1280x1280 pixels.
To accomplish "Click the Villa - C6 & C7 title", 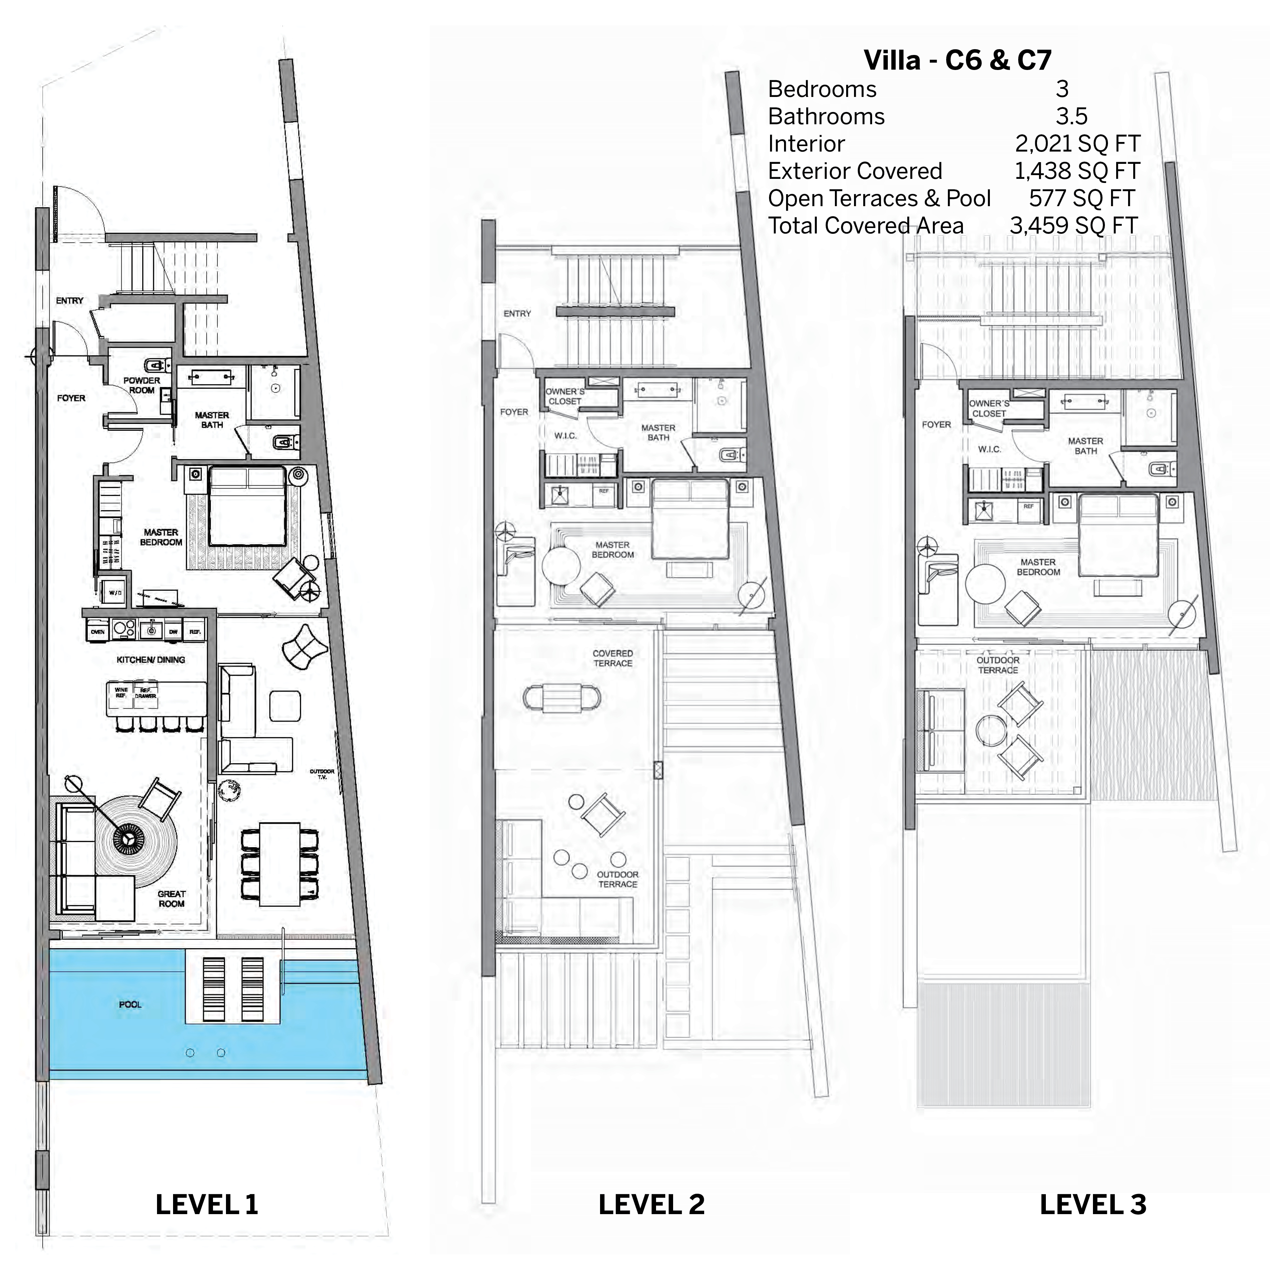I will pos(957,60).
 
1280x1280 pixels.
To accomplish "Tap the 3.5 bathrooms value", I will pos(1071,117).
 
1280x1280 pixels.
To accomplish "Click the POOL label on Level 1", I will pos(130,1005).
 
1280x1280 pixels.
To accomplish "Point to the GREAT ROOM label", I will pos(172,898).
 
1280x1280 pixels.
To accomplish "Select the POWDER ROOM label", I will pos(142,385).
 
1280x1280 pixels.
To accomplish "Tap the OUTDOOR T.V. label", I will pos(322,774).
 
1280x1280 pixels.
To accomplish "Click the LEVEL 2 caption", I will pos(651,1205).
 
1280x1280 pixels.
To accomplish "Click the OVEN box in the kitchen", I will pos(97,631).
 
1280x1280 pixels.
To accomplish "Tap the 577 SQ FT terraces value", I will pos(1081,198).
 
